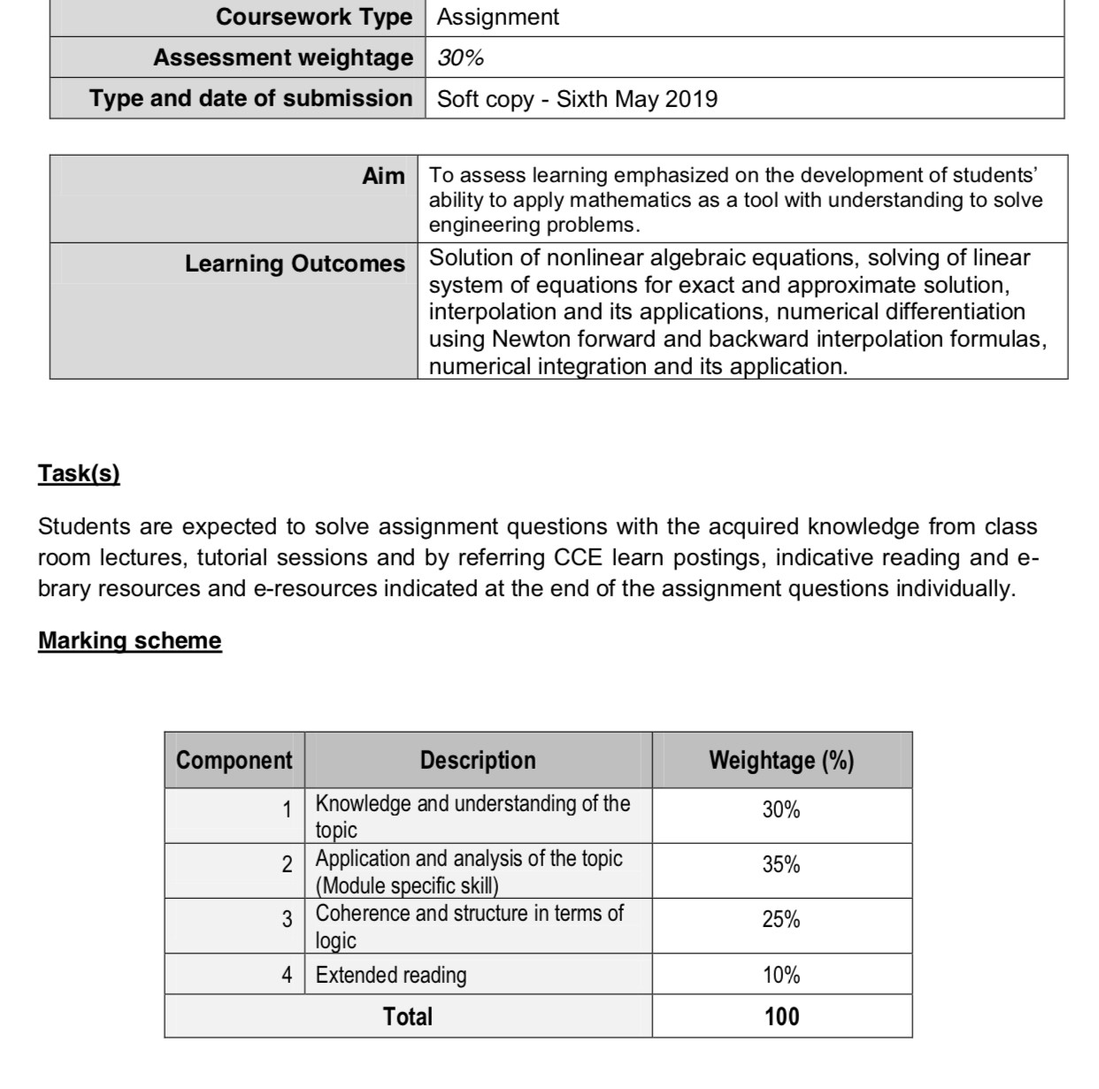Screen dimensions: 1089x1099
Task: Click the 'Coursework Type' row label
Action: click(314, 17)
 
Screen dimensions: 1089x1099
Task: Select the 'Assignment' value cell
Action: click(498, 17)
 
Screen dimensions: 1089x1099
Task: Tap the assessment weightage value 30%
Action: click(460, 58)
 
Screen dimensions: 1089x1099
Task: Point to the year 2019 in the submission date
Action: click(691, 98)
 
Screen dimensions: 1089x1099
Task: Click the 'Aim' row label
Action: click(383, 176)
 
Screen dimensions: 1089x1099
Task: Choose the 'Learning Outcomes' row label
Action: click(295, 264)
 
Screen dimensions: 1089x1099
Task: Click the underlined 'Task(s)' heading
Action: click(79, 473)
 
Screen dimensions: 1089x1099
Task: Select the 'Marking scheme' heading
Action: click(129, 640)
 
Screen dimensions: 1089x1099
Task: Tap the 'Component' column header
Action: click(234, 760)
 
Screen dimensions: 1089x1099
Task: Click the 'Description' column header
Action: click(478, 760)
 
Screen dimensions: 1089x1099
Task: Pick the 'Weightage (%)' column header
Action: click(781, 760)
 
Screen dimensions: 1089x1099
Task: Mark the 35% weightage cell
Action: click(781, 864)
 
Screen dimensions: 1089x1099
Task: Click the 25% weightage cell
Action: click(781, 919)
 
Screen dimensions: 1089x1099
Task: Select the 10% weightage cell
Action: click(781, 975)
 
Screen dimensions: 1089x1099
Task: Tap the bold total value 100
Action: click(781, 1016)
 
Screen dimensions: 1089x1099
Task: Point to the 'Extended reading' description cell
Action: click(391, 975)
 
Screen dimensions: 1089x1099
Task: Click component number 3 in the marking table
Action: click(287, 919)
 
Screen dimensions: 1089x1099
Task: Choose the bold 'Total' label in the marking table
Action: click(408, 1016)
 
